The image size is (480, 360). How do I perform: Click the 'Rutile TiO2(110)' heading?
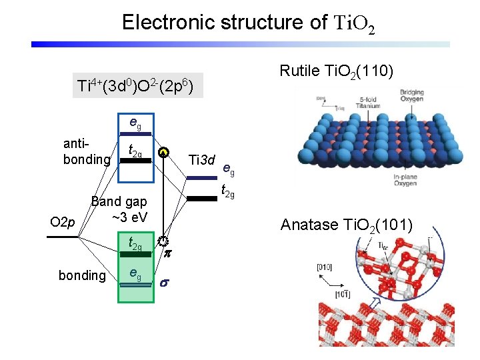point(339,71)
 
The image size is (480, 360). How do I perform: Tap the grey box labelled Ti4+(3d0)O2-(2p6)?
point(135,86)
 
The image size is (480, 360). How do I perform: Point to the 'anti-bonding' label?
point(85,152)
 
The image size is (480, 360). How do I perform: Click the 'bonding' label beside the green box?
point(82,275)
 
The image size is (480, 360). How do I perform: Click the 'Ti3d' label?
point(202,160)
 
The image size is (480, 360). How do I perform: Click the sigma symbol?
point(165,283)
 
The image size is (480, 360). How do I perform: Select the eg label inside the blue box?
point(135,123)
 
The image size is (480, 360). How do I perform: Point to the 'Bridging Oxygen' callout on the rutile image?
point(410,93)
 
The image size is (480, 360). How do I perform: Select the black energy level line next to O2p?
point(63,237)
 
